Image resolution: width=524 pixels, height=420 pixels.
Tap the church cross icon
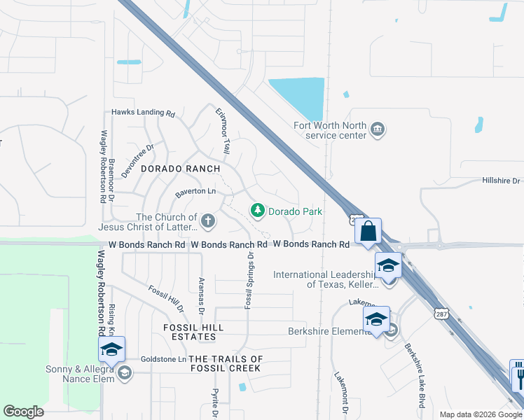coord(208,222)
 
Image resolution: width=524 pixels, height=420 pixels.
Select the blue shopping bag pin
coord(369,232)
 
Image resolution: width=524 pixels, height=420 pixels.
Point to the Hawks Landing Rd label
coord(143,113)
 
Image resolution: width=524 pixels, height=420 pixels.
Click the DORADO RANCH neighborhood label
coord(181,169)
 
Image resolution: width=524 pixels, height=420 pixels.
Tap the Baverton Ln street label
coord(195,191)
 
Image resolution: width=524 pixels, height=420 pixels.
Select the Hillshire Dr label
coord(501,181)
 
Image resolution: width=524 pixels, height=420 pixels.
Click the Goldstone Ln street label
coord(163,359)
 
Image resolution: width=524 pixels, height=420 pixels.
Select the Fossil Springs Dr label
coord(249,281)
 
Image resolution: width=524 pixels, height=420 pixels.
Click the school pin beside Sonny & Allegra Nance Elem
coord(111,349)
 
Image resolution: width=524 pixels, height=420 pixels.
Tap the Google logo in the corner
coord(23,412)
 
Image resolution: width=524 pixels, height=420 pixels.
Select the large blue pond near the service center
coord(298,97)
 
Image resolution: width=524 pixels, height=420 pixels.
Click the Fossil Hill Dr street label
coord(166,298)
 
